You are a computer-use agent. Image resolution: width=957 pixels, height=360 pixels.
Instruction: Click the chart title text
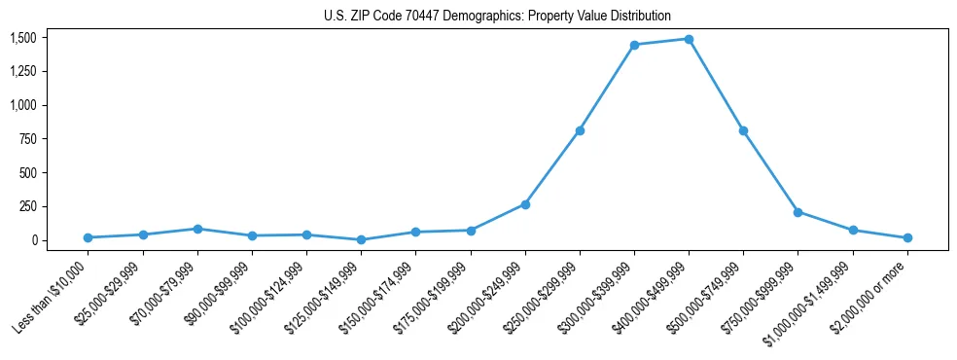coord(497,16)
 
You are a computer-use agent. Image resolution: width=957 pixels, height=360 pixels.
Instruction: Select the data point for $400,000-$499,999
coord(689,39)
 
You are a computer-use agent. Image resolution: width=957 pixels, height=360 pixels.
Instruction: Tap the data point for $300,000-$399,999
coord(634,45)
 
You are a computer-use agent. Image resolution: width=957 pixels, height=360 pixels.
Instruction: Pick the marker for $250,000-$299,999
coord(580,130)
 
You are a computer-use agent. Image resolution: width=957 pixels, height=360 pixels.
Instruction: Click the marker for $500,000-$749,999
coord(743,130)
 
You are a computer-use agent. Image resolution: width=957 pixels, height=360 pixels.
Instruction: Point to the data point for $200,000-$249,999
coord(525,204)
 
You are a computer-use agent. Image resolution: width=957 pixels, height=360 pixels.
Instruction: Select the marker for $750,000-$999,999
coord(797,212)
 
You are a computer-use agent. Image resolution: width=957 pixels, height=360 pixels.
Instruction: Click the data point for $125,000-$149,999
coord(362,239)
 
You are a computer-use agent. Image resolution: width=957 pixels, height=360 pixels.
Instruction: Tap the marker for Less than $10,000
coord(89,237)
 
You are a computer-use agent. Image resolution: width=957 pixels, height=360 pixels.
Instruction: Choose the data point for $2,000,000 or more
coord(906,237)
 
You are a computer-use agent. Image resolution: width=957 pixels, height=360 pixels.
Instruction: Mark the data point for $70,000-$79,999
coord(197,229)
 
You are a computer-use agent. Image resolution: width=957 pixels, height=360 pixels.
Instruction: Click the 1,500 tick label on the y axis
coord(23,38)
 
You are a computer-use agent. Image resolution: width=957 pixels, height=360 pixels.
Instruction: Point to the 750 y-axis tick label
coord(29,139)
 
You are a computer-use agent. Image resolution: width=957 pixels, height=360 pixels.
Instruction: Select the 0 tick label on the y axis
coord(36,240)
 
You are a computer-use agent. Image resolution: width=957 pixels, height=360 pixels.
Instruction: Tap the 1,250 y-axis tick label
coord(23,72)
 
